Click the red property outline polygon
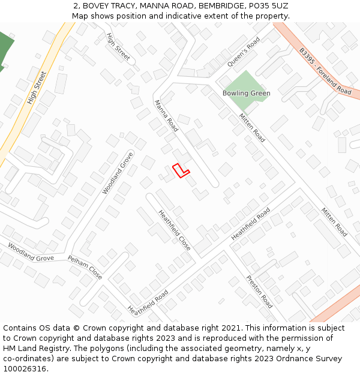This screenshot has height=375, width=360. pos(180,171)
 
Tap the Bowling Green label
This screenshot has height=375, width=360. pos(246,94)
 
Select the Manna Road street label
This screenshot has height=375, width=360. pos(166,116)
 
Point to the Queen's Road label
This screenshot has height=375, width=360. pos(244,52)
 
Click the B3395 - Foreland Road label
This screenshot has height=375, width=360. pos(325,71)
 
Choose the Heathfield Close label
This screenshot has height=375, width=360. pos(174,230)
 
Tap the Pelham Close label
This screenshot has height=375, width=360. pos(85,267)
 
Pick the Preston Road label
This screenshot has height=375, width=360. pos(259,292)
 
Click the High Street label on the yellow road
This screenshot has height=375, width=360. pos(37,88)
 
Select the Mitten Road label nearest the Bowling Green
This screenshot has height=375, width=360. pos(252,127)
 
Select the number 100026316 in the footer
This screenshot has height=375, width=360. pos(25,369)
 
